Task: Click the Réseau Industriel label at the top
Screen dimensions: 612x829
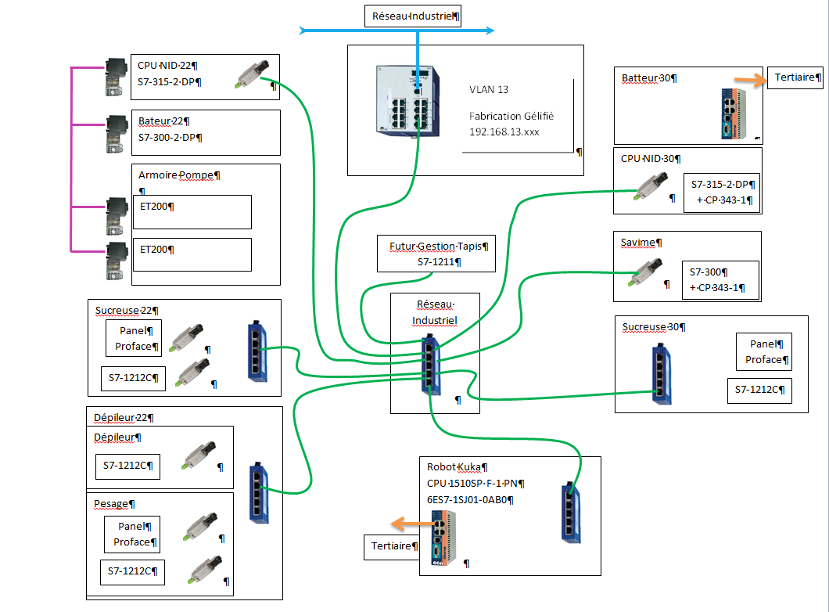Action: click(412, 16)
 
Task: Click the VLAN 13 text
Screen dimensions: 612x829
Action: click(489, 90)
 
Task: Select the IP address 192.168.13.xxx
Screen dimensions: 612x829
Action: click(504, 132)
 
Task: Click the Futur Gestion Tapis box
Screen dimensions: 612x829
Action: click(436, 254)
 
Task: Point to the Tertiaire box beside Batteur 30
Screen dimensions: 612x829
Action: click(795, 77)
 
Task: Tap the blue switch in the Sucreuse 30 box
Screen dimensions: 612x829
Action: click(662, 373)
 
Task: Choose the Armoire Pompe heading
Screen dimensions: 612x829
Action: click(177, 175)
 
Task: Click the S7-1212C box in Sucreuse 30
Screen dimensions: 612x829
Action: click(759, 390)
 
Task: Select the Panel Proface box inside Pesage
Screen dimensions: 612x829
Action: click(132, 535)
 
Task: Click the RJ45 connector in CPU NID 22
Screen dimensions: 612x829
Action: click(253, 73)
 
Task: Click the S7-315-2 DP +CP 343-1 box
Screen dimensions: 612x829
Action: click(720, 193)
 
